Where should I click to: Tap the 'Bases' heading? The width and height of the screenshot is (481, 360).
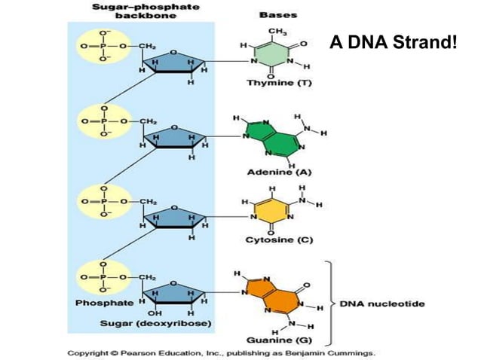(277, 14)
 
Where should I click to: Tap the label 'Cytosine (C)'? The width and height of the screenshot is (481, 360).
(278, 240)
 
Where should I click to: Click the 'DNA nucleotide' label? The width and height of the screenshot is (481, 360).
(381, 304)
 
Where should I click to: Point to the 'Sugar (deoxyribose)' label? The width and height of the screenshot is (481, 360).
(156, 324)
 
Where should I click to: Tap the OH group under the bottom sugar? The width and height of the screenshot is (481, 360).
(155, 313)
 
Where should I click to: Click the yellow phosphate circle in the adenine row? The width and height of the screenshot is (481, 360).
(102, 121)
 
